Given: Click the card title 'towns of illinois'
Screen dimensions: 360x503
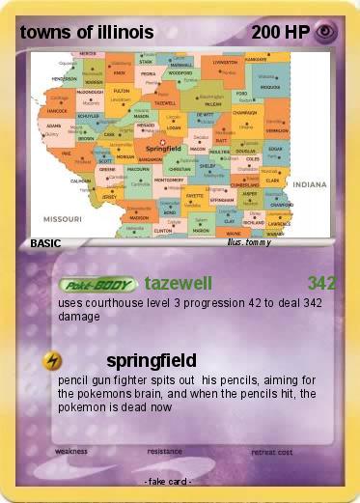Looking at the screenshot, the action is point(86,32).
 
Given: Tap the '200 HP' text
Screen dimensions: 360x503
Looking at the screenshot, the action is point(280,32).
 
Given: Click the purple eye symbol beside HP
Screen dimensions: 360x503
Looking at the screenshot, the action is point(325,32).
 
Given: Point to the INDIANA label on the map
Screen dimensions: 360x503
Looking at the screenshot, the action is point(311,182).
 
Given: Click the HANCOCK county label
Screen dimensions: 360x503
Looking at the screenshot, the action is point(57,110).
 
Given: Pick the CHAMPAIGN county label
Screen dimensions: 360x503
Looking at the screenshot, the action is point(244,112).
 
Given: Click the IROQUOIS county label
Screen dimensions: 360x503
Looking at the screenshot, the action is point(269,86).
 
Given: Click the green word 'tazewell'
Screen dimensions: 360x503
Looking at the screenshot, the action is point(178,284).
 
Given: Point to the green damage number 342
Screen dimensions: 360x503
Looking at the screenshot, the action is point(321,284).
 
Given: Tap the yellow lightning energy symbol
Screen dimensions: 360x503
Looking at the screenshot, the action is point(53,360).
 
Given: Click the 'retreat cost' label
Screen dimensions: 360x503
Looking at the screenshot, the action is point(271,451).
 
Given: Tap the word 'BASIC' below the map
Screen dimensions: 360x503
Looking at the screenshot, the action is point(46,243).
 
